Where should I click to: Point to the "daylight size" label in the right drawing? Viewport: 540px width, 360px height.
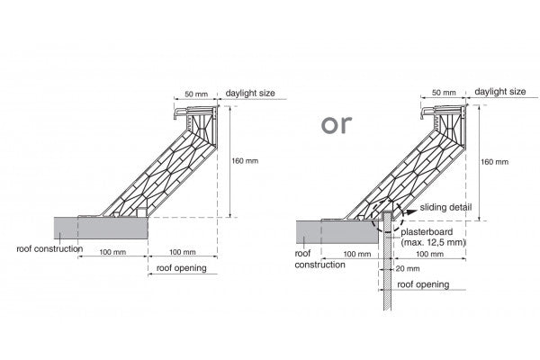click(500, 92)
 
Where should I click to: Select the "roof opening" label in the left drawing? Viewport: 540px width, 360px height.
click(181, 267)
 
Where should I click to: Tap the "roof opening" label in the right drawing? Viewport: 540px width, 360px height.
click(422, 284)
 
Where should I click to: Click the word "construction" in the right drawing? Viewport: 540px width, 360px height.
click(320, 265)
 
